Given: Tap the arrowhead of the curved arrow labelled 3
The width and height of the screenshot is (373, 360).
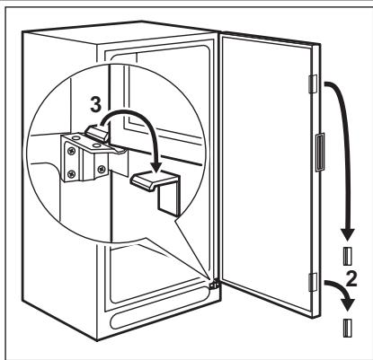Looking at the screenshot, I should [156, 166].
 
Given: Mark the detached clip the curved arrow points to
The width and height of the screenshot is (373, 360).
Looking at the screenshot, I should [157, 185].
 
